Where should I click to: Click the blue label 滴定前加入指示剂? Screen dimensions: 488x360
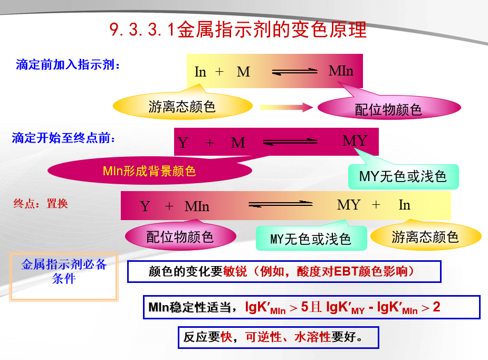68,65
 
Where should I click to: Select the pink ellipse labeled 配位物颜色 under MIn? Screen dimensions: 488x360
388,109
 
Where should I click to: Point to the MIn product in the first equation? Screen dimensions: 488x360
341,71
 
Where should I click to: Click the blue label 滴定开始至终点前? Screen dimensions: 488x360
63,138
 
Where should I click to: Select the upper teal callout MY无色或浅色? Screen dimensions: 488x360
403,176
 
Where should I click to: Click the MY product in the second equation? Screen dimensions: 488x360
355,141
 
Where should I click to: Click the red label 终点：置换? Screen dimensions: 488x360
41,203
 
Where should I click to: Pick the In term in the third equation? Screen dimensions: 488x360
404,205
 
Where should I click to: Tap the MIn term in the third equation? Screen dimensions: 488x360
197,206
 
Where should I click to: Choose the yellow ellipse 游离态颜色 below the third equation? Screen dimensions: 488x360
425,237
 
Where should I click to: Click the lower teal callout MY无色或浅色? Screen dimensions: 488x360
311,239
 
